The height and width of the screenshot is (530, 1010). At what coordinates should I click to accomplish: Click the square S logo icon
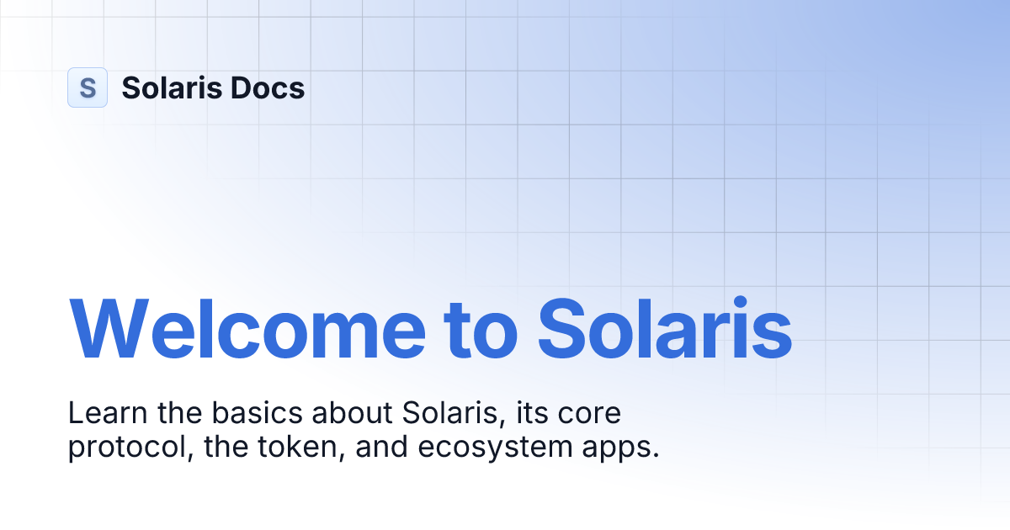coord(88,87)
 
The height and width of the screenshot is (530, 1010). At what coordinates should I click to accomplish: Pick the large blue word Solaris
coord(665,326)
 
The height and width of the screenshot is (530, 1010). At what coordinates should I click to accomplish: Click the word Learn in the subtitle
coord(99,414)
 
